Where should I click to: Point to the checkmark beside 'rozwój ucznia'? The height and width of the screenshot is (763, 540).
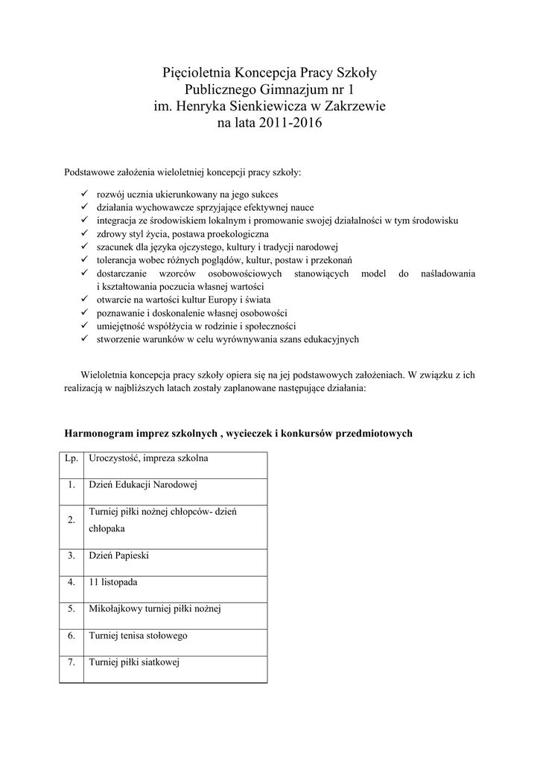tap(84, 194)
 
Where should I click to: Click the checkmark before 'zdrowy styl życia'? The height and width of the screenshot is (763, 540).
tap(84, 234)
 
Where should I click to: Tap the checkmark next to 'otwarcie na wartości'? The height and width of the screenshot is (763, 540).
tap(84, 300)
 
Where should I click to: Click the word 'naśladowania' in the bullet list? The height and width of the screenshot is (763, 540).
tap(448, 273)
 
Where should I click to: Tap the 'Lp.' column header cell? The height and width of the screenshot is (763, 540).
tap(72, 458)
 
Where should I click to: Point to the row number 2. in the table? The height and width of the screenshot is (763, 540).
tap(72, 520)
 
